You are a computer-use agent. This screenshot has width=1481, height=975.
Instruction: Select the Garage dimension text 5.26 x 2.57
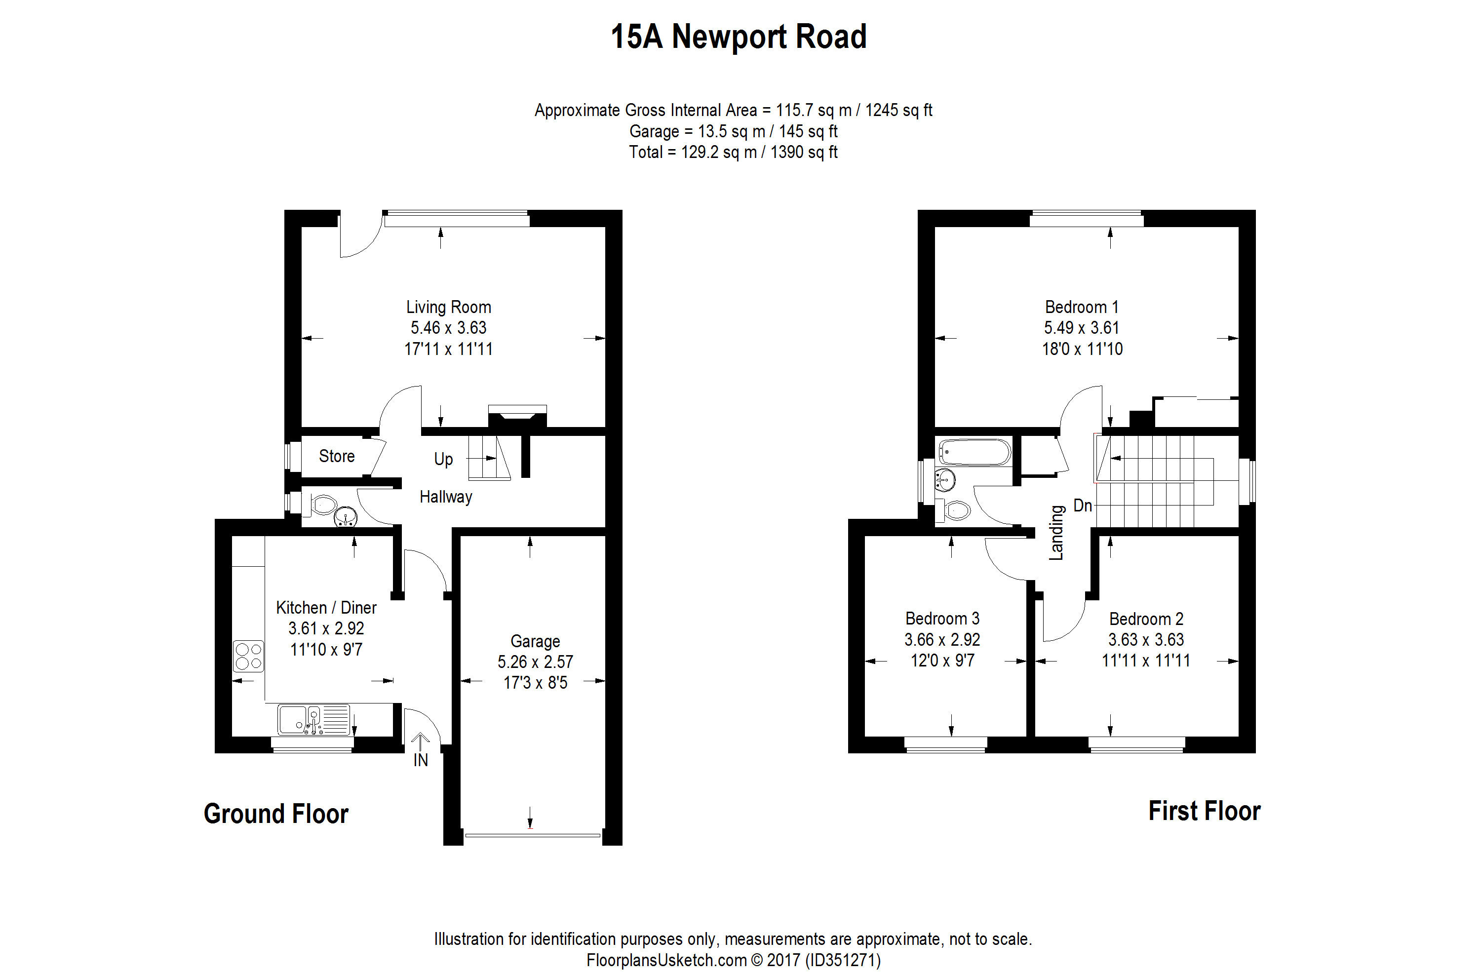coord(535,662)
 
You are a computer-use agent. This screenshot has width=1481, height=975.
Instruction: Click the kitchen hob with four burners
coord(248,657)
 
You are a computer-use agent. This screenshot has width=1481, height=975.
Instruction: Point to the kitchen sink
coord(313,719)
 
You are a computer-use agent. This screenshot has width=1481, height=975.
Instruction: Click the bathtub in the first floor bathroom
coord(974,452)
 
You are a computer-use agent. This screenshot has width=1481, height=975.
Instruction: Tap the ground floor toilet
coord(322,505)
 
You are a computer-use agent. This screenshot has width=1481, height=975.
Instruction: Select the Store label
coord(337,456)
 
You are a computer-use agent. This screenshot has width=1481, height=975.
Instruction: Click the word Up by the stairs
coord(443,459)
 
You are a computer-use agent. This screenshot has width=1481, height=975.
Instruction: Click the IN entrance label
coord(421,760)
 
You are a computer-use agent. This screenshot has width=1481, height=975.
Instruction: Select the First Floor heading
coord(1204,811)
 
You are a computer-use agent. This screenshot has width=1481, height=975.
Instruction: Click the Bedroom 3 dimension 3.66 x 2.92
coord(942,640)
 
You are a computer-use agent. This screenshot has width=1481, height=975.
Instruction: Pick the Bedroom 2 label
coord(1146,619)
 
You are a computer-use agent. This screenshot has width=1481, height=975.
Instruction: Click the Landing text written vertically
coord(1056,533)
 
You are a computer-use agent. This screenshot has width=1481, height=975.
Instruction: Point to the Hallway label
coord(446,497)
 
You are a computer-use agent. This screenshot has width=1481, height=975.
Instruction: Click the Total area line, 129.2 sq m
coord(733,152)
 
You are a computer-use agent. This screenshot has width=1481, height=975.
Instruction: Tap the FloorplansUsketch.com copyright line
coord(733,960)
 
